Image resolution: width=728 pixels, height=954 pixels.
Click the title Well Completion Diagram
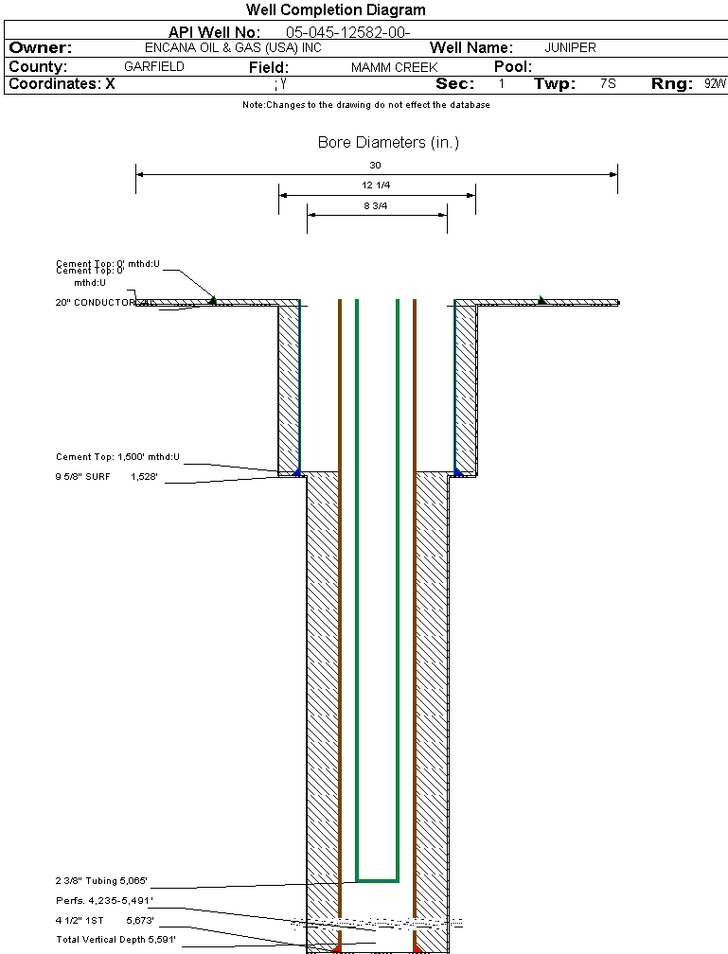pyautogui.click(x=335, y=10)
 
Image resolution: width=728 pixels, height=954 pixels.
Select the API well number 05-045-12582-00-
pyautogui.click(x=347, y=33)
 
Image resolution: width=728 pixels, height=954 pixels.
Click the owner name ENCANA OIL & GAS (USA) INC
pyautogui.click(x=240, y=48)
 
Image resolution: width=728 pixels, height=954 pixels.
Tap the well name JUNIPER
pyautogui.click(x=570, y=48)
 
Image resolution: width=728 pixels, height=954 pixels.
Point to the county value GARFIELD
pyautogui.click(x=154, y=67)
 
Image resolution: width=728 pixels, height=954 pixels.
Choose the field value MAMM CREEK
pyautogui.click(x=394, y=68)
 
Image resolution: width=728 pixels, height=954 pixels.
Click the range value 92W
pyautogui.click(x=715, y=84)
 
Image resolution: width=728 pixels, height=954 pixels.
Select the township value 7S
pyautogui.click(x=608, y=84)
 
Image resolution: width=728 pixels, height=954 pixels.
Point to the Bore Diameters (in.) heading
pyautogui.click(x=388, y=143)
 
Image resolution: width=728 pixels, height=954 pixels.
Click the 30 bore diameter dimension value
pyautogui.click(x=375, y=166)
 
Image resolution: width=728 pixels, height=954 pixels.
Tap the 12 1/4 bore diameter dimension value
pyautogui.click(x=376, y=185)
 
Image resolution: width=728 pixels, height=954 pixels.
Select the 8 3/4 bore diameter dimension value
pyautogui.click(x=376, y=205)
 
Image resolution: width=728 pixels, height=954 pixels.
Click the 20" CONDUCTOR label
pyautogui.click(x=98, y=303)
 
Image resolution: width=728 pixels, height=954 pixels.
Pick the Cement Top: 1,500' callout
pyautogui.click(x=117, y=457)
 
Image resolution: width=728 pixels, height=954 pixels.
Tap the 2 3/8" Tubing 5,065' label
pyautogui.click(x=101, y=880)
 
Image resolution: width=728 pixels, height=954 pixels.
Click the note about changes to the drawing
pyautogui.click(x=365, y=105)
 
